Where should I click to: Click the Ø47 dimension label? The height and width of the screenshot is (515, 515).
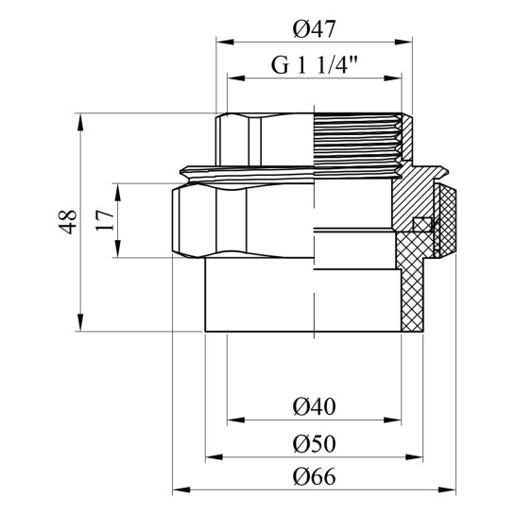click(x=314, y=29)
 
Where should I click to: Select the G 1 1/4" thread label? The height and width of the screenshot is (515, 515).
click(x=314, y=65)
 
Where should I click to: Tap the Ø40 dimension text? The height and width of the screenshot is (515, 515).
click(x=314, y=406)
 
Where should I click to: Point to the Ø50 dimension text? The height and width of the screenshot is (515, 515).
click(x=314, y=443)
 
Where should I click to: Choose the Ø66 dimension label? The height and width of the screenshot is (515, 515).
click(x=314, y=476)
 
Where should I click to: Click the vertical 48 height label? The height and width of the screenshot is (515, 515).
click(x=68, y=222)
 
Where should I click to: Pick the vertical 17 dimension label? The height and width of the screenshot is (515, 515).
click(x=105, y=221)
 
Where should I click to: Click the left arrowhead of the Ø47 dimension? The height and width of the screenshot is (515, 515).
click(x=225, y=42)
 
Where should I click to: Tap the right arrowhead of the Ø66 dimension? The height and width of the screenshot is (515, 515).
click(x=447, y=490)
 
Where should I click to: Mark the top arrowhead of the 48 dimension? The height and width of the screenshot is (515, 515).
click(x=80, y=122)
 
